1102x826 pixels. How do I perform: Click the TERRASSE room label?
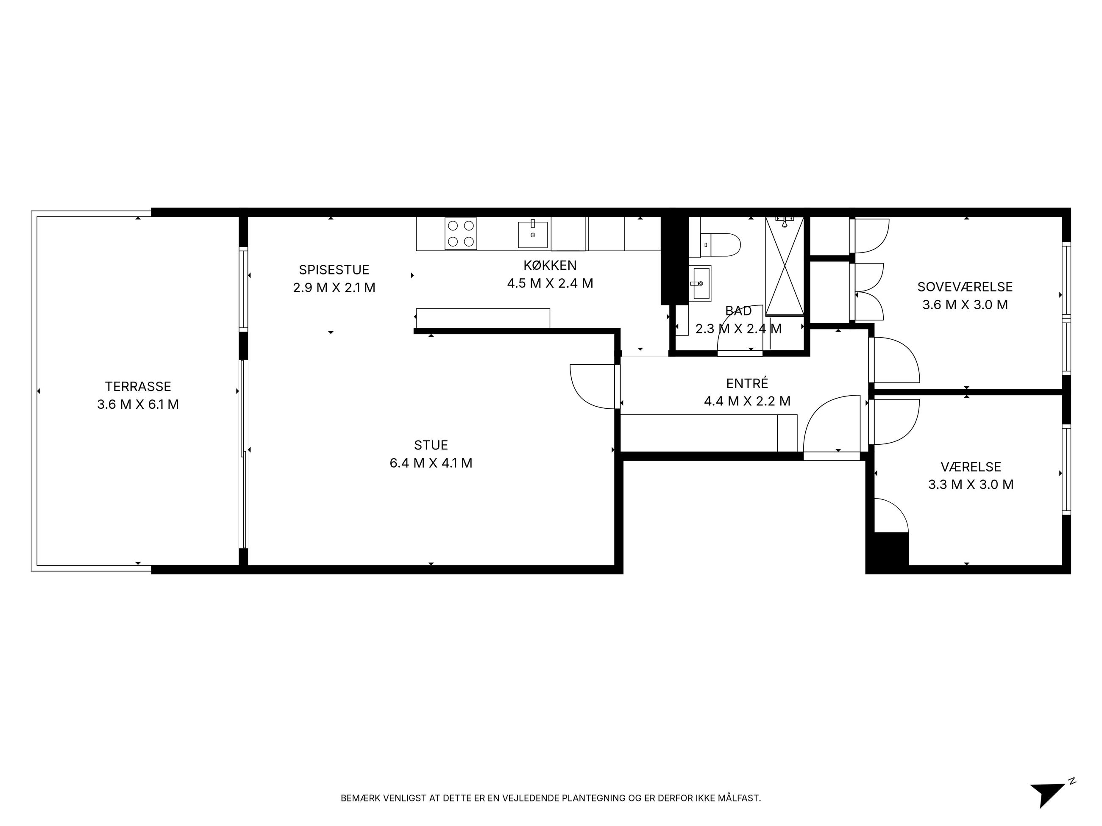pos(138,386)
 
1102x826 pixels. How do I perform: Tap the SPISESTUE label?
pos(334,270)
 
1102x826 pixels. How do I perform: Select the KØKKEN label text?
pos(550,265)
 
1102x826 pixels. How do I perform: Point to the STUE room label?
pos(431,445)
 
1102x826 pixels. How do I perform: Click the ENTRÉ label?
pos(747,383)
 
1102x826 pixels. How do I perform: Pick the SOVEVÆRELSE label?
pos(965,287)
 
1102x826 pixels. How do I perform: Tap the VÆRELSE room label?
pos(971,467)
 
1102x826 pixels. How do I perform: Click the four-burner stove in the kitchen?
pos(461,233)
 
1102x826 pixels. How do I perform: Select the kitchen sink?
pos(533,235)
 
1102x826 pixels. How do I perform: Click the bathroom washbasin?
pos(701,283)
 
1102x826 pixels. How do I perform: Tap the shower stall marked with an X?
pos(785,266)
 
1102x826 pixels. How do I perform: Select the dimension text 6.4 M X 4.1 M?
pos(431,463)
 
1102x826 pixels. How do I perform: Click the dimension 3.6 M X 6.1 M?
pos(138,404)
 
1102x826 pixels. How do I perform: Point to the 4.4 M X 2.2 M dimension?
pos(747,401)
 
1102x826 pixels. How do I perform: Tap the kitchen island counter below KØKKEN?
pos(483,319)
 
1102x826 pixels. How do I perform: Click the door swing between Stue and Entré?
pos(593,386)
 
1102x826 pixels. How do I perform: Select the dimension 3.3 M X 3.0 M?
pos(971,485)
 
